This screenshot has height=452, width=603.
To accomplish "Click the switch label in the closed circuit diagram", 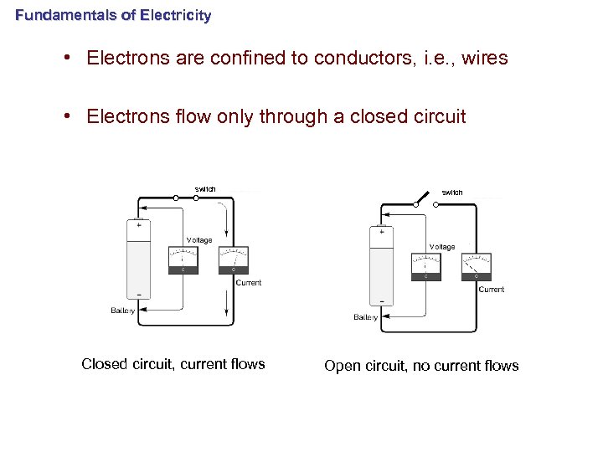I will tap(205, 189).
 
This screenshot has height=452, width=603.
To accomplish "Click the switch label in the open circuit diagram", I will tap(452, 193).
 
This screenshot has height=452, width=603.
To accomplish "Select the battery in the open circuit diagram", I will tap(381, 265).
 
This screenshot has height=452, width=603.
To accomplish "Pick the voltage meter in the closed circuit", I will tap(183, 260).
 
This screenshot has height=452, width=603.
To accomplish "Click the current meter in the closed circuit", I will tap(232, 260).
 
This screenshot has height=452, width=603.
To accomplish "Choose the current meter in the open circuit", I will tap(476, 267).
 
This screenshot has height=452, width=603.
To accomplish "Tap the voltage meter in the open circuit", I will tap(425, 267).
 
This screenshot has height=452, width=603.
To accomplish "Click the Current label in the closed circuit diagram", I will tap(249, 283).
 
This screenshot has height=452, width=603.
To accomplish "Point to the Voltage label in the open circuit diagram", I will tap(442, 247).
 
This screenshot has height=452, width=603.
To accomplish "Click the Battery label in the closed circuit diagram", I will tap(123, 311).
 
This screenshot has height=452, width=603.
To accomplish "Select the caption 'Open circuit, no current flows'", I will tap(421, 366).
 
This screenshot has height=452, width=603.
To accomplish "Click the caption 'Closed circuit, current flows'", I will tap(173, 364).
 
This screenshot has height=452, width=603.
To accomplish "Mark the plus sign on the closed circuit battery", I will tap(138, 224).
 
